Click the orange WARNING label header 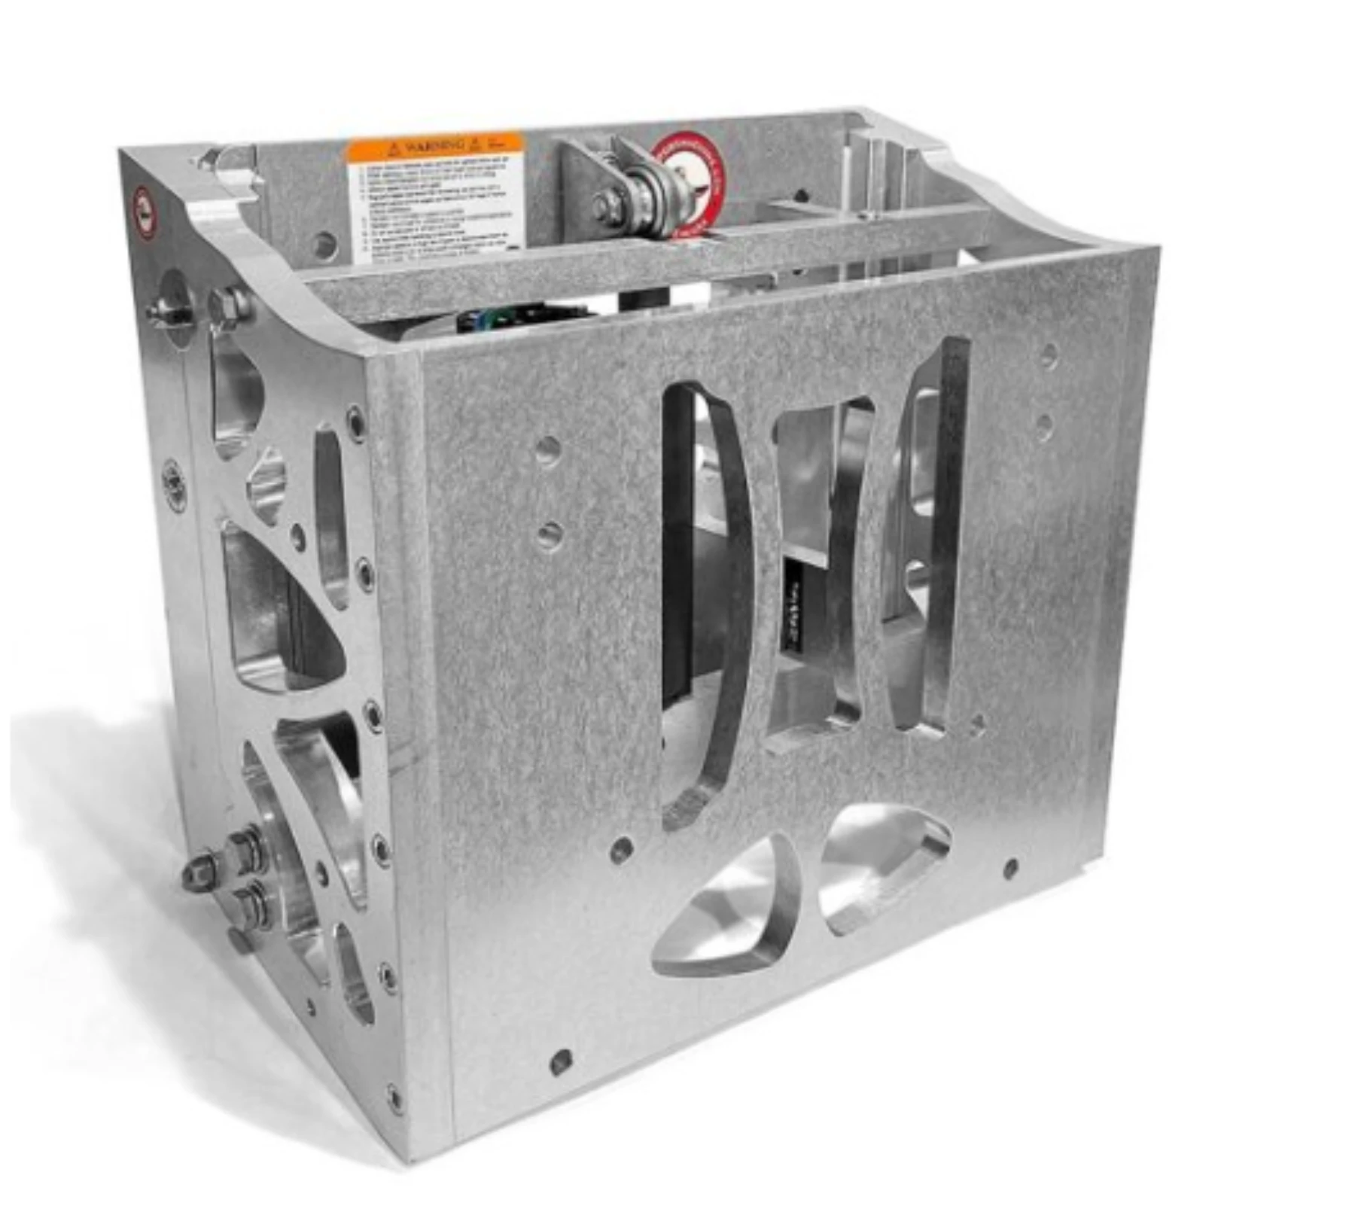434,146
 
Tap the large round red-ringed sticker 689,186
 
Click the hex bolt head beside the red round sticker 602,206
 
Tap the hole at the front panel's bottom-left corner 561,1062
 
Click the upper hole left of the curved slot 549,451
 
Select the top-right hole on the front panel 1049,355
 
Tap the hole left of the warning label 324,243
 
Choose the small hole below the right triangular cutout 1011,869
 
